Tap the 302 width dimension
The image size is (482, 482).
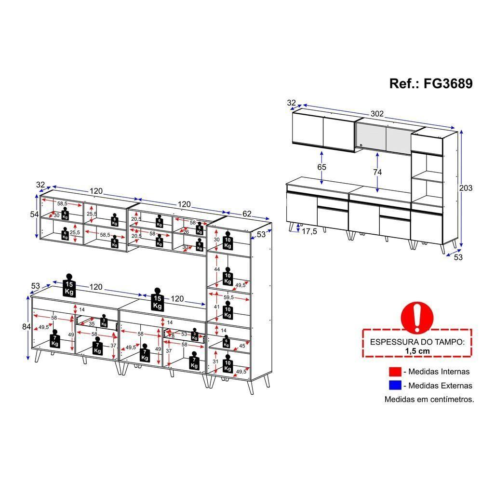(x=377, y=114)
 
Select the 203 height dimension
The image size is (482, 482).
(x=466, y=188)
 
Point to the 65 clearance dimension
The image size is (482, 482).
(x=322, y=167)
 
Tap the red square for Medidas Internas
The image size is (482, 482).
(x=395, y=372)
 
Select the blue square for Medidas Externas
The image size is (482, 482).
(x=395, y=385)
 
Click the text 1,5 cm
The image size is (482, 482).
(x=417, y=351)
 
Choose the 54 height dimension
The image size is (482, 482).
(x=34, y=214)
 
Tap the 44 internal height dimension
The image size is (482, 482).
(x=217, y=269)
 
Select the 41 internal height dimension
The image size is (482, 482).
(x=217, y=307)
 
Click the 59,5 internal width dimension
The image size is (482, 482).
(x=228, y=297)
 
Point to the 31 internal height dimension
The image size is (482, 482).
(x=215, y=362)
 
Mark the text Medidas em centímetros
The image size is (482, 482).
(x=429, y=399)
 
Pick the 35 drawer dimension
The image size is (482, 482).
(x=92, y=323)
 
